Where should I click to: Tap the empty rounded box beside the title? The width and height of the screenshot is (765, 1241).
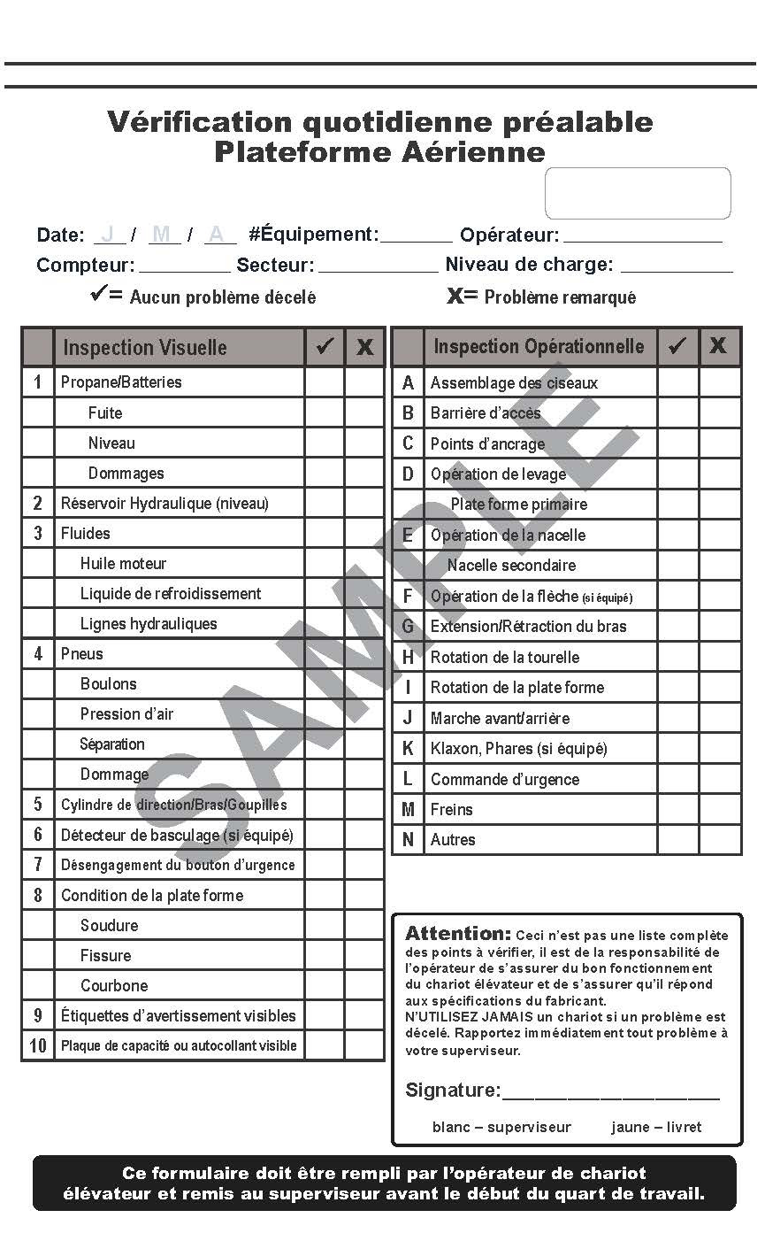click(638, 193)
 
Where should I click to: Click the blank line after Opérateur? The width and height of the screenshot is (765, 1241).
click(643, 237)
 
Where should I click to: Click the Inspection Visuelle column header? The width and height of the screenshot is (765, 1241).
click(145, 347)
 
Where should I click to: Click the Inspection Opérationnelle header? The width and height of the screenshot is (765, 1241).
click(539, 346)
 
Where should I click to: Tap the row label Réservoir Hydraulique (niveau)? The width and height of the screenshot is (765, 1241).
click(164, 504)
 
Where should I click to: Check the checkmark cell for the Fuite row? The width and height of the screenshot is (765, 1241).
click(325, 413)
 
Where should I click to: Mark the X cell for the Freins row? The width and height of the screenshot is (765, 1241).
click(720, 809)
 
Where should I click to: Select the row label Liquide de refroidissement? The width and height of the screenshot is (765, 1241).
click(171, 594)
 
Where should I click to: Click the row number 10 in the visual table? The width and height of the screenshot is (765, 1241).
click(38, 1045)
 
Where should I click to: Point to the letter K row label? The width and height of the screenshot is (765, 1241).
click(408, 749)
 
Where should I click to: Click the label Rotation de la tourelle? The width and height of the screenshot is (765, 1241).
click(505, 658)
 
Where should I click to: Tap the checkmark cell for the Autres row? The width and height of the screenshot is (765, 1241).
click(677, 839)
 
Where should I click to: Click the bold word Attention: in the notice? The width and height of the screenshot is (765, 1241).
click(457, 934)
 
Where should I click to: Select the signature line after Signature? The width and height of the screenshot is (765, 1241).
click(610, 1093)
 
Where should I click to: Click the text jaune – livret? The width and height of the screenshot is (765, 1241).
click(656, 1128)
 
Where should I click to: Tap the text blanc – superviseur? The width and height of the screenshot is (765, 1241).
click(501, 1128)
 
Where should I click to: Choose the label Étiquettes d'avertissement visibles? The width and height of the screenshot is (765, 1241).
click(179, 1015)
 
